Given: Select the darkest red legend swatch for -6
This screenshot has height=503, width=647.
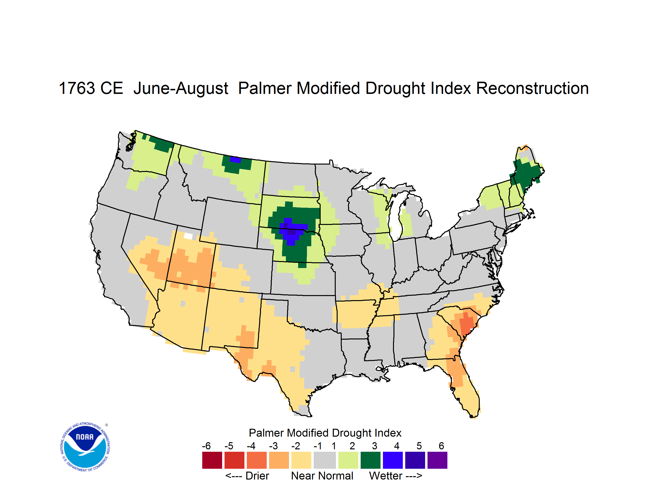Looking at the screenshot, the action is click(212, 460).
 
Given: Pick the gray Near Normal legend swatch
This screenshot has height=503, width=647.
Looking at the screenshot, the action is click(325, 460).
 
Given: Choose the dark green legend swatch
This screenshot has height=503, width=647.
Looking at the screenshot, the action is click(370, 460).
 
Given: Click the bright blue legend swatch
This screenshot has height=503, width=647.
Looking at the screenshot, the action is click(393, 460).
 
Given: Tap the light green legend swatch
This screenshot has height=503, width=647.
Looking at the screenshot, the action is click(348, 460).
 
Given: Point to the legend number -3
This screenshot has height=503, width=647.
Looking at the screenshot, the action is click(273, 446).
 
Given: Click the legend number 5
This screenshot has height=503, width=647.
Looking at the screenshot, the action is click(419, 446).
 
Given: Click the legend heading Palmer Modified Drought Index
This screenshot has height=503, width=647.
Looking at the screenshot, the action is click(325, 433).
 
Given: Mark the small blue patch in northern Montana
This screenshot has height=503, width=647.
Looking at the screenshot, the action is click(236, 160).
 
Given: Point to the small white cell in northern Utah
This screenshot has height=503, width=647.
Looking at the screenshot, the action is click(188, 236).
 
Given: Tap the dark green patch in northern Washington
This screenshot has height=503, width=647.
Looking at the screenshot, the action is click(161, 143).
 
